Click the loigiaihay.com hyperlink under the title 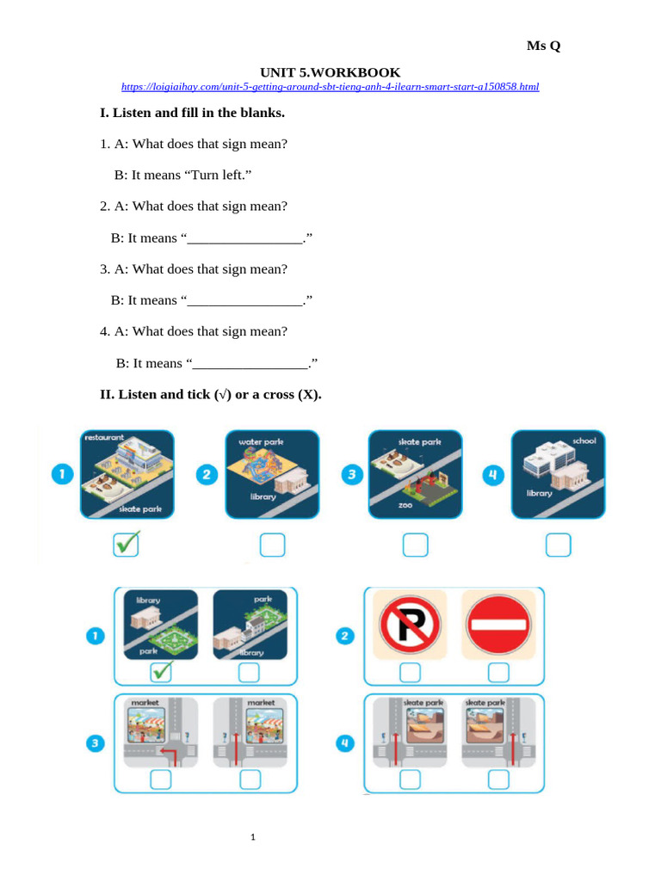(x=330, y=87)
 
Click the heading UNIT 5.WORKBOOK (x=330, y=72)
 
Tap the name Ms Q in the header (x=543, y=46)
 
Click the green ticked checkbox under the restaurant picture (x=127, y=544)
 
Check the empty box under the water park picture (x=271, y=545)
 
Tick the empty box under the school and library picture (x=558, y=545)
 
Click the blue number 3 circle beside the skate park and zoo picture (x=349, y=476)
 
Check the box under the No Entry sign (x=498, y=671)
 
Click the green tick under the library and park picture (x=161, y=672)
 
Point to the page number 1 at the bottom (x=254, y=836)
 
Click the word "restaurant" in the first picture (x=103, y=437)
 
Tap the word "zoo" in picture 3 (x=405, y=505)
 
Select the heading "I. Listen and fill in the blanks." (x=192, y=113)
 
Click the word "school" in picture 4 (x=583, y=440)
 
